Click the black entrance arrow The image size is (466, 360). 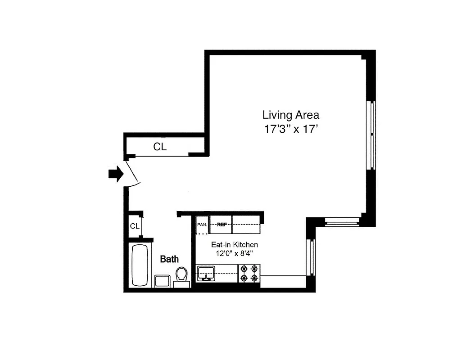tap(116, 174)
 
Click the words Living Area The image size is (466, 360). tap(291, 115)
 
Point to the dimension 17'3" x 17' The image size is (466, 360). tap(291, 129)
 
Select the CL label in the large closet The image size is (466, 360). tap(160, 147)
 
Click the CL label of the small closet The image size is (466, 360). tap(135, 226)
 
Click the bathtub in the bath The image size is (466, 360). tap(140, 265)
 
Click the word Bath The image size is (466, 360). tap(169, 259)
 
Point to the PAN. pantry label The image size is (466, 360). tap(202, 224)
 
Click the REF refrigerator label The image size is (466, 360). tap(221, 224)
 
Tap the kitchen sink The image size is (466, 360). tap(207, 273)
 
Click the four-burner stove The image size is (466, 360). tap(249, 273)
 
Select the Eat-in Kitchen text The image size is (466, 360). tap(235, 245)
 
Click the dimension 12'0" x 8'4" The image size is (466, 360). tap(235, 253)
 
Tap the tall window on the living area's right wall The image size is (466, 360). tap(372, 135)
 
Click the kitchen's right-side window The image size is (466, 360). tap(311, 257)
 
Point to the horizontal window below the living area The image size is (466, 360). tap(342, 221)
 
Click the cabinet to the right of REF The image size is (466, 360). tap(246, 225)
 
